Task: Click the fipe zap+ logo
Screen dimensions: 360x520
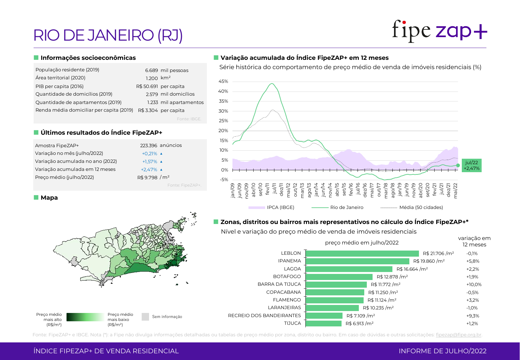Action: click(x=439, y=31)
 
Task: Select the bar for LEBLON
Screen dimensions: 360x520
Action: click(x=362, y=253)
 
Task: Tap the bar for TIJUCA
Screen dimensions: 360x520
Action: click(x=323, y=324)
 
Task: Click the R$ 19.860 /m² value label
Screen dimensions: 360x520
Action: click(x=429, y=261)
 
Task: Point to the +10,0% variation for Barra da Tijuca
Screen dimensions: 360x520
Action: click(x=474, y=284)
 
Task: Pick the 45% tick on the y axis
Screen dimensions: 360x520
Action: click(x=223, y=81)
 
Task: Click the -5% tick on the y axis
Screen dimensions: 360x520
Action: click(x=224, y=180)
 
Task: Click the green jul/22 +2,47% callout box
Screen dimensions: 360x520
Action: click(x=471, y=165)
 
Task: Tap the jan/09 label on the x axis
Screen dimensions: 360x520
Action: click(x=232, y=191)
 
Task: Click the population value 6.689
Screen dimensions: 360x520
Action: click(x=152, y=70)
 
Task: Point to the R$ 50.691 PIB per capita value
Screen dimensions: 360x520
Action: click(x=147, y=86)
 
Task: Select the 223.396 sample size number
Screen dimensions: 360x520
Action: click(x=149, y=146)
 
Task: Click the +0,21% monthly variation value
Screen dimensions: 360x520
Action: click(x=149, y=154)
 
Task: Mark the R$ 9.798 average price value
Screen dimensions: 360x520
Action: click(x=147, y=177)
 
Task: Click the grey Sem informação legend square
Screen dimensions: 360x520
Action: click(x=145, y=317)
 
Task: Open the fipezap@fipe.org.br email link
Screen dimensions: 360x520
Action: click(x=458, y=335)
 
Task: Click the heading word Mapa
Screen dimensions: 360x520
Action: click(x=49, y=198)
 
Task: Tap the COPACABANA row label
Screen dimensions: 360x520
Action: click(x=283, y=292)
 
